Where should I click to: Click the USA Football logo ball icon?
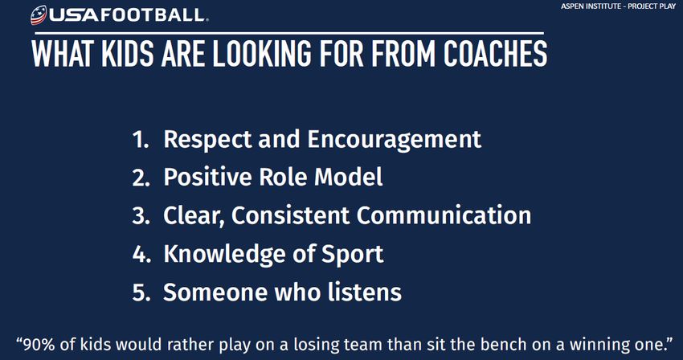(39, 14)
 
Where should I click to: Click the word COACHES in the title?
(495, 54)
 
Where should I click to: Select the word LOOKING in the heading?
(262, 54)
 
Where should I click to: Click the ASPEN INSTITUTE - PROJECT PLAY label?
(618, 6)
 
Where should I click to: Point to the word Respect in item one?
(207, 139)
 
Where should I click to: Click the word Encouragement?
(395, 140)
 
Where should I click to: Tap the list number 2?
(141, 178)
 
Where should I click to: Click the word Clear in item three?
(194, 215)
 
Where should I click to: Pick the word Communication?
(444, 215)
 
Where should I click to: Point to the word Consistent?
(290, 215)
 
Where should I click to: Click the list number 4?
(141, 255)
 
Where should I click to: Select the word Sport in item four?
(353, 255)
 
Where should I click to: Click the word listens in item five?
(364, 292)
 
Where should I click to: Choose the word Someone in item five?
(214, 292)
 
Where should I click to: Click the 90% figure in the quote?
(39, 344)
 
